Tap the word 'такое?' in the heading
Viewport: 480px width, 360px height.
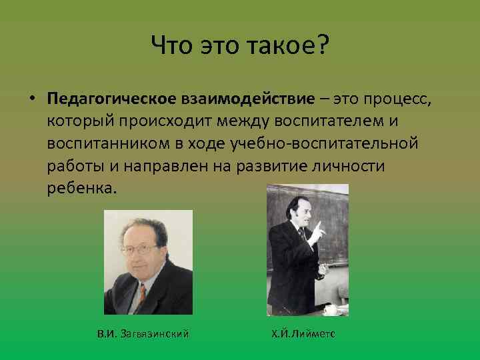(x=293, y=46)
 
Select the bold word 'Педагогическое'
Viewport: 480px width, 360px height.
(x=111, y=100)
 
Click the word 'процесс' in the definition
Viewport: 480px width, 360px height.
(x=393, y=100)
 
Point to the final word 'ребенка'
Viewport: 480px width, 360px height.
(x=81, y=187)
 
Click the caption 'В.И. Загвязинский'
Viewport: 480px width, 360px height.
(x=143, y=332)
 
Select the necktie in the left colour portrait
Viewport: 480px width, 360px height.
(x=142, y=293)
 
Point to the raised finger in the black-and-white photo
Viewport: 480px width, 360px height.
(x=318, y=228)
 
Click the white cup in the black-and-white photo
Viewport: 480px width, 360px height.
(x=330, y=309)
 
